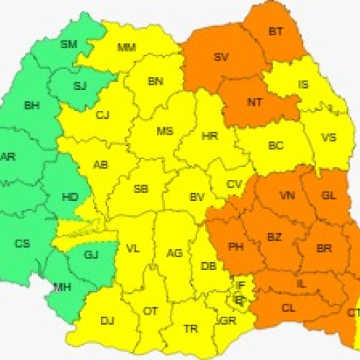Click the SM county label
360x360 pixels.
pos(68,45)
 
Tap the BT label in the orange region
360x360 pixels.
pos(275,31)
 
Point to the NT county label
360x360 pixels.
pos(254,102)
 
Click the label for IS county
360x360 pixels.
pos(303,84)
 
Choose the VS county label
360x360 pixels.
pos(328,137)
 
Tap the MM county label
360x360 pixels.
pos(126,48)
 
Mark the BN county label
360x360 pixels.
pos(156,81)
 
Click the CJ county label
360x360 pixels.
pos(102,114)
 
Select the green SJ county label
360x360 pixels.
pos(81,86)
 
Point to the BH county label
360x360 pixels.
pos(32,106)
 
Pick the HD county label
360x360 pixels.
pos(71,196)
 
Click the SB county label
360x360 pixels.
pos(141,189)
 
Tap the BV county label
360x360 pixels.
pos(197,197)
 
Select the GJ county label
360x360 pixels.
pos(91,254)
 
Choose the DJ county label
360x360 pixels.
pos(107,320)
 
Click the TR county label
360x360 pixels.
pos(190,328)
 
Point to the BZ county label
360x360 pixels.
pos(274,237)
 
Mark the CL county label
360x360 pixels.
pos(289,307)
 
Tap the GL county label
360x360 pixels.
pos(328,195)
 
